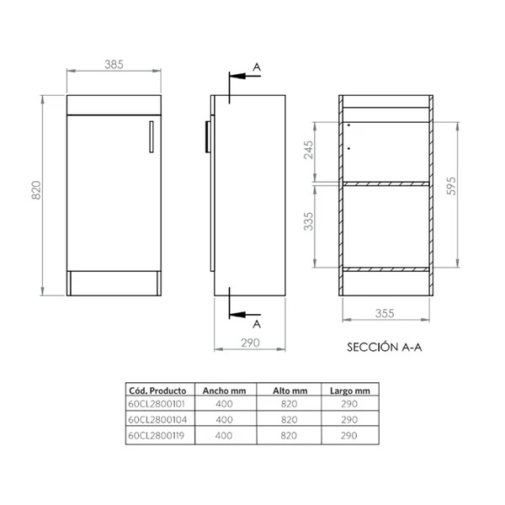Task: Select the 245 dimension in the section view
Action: (x=309, y=150)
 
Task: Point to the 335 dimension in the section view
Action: (x=309, y=222)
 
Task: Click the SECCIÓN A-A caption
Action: (x=384, y=345)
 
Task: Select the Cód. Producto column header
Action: (x=157, y=391)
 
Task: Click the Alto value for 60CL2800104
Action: (x=290, y=418)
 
